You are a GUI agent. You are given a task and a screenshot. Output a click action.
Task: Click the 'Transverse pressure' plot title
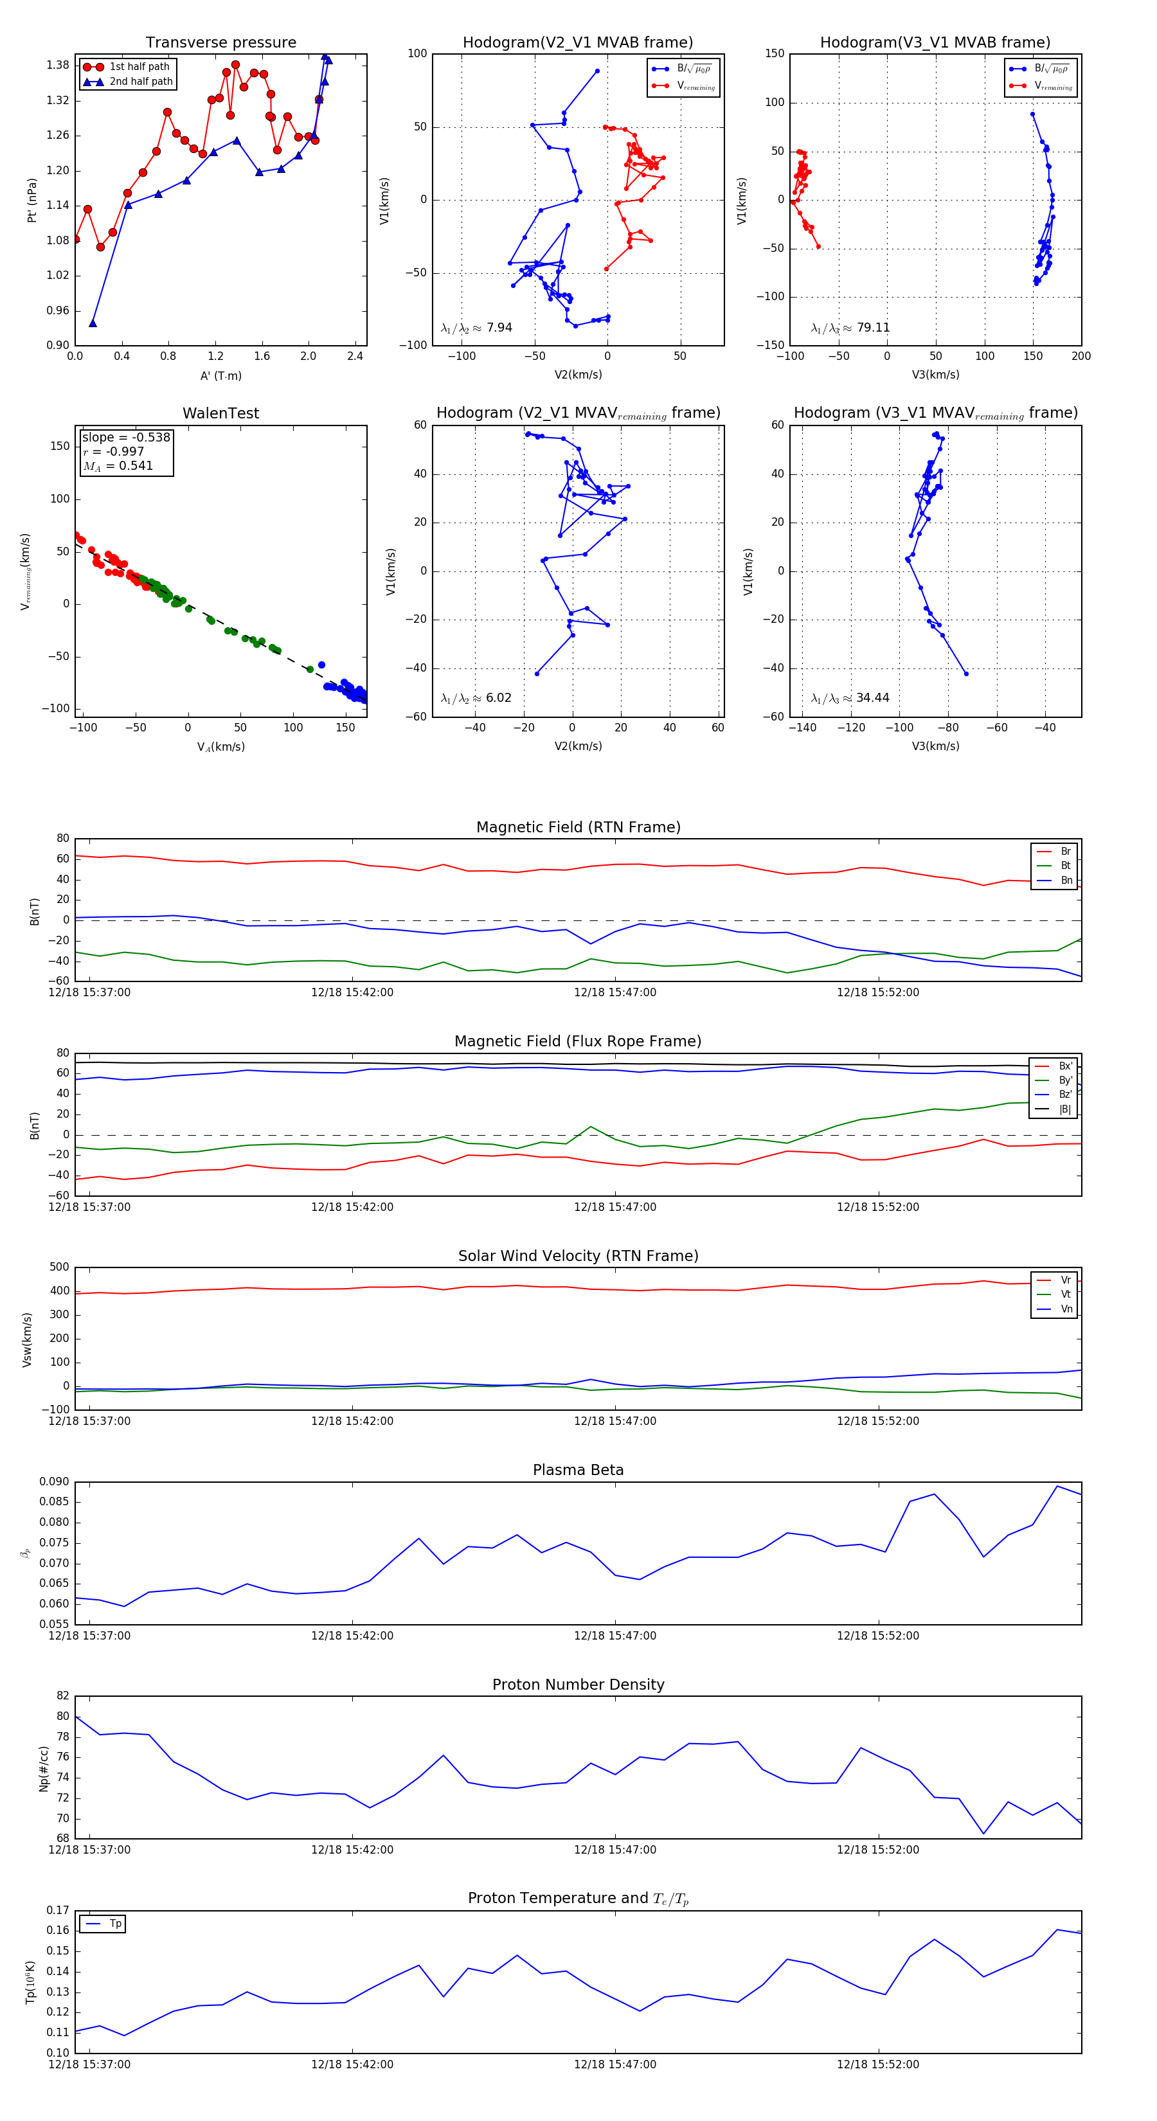point(220,43)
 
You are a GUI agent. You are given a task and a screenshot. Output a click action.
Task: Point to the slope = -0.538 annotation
point(126,437)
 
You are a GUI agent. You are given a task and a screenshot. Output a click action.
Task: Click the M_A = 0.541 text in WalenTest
point(118,466)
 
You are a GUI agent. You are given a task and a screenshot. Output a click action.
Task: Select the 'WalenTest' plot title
point(220,413)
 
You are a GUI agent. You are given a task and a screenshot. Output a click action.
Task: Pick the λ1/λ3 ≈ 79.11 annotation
point(850,328)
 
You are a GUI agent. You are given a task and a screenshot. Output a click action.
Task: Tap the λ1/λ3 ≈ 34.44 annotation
point(850,698)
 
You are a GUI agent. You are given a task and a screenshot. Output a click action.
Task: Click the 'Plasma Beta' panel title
point(578,1471)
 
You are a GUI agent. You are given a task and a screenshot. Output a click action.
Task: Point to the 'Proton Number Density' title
point(578,1685)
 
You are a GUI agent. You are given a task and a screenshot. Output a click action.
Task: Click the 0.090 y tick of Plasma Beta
point(55,1482)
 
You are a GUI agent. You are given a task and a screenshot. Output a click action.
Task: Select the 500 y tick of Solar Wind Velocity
point(59,1267)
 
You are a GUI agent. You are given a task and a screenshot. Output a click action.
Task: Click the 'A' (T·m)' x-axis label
point(220,376)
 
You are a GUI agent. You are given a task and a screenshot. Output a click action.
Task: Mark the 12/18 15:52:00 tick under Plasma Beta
point(878,1636)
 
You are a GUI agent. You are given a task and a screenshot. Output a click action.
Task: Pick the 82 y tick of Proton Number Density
point(62,1696)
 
